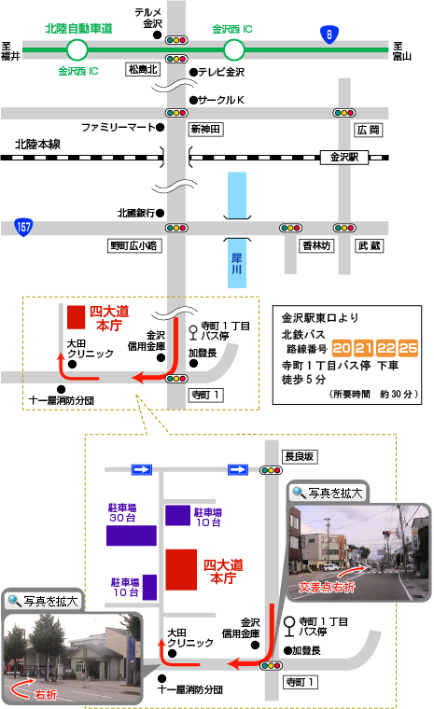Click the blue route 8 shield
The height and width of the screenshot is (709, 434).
coord(329,35)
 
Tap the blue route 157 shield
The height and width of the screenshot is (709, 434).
coord(23,227)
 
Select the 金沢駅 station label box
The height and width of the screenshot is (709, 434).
coord(344,157)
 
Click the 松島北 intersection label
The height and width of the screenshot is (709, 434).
coord(143,69)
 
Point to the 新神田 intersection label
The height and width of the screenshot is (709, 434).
coord(205,130)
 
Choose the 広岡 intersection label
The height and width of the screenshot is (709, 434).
coord(368,131)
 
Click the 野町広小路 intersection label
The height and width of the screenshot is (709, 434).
coord(134,245)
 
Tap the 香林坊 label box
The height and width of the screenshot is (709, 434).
coord(316,245)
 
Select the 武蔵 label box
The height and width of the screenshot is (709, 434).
coord(369,245)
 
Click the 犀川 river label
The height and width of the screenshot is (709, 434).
coord(237,264)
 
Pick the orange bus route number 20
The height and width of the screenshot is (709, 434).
coord(342,348)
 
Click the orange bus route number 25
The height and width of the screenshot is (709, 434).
coord(408,348)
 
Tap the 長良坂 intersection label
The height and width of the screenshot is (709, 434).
coord(300,457)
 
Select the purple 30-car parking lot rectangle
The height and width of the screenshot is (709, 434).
coord(132,535)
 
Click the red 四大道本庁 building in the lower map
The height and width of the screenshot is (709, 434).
coord(181,570)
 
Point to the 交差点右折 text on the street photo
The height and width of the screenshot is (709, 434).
coord(327,587)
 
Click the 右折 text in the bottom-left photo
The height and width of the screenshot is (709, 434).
coord(46,694)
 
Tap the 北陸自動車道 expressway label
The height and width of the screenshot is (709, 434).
coord(78,29)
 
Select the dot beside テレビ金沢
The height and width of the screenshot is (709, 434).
coord(193,72)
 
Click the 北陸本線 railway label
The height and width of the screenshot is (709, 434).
coord(37,145)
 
